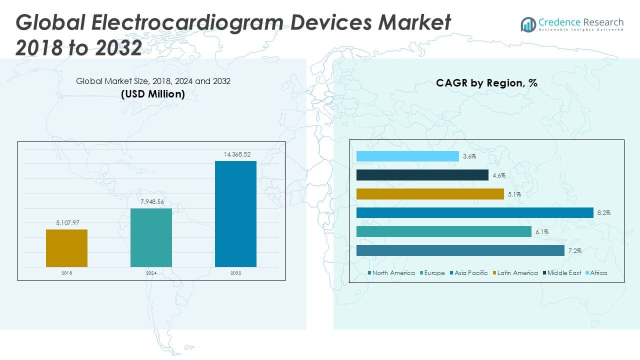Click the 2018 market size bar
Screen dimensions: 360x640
66,248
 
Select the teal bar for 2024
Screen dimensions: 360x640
151,237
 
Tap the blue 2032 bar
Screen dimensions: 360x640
235,213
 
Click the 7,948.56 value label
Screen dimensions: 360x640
151,202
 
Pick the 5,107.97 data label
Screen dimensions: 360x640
66,223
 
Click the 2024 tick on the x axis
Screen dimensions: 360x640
151,273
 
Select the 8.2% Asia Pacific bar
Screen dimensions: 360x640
474,213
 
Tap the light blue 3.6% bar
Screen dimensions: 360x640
407,156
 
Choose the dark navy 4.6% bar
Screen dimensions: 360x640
422,175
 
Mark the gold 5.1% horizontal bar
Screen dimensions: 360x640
430,194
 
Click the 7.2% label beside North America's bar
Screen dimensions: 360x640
574,251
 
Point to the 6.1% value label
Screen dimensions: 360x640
542,232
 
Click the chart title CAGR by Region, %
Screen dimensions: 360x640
486,83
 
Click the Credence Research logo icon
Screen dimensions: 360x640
528,24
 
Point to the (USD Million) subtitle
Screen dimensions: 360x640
153,93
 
